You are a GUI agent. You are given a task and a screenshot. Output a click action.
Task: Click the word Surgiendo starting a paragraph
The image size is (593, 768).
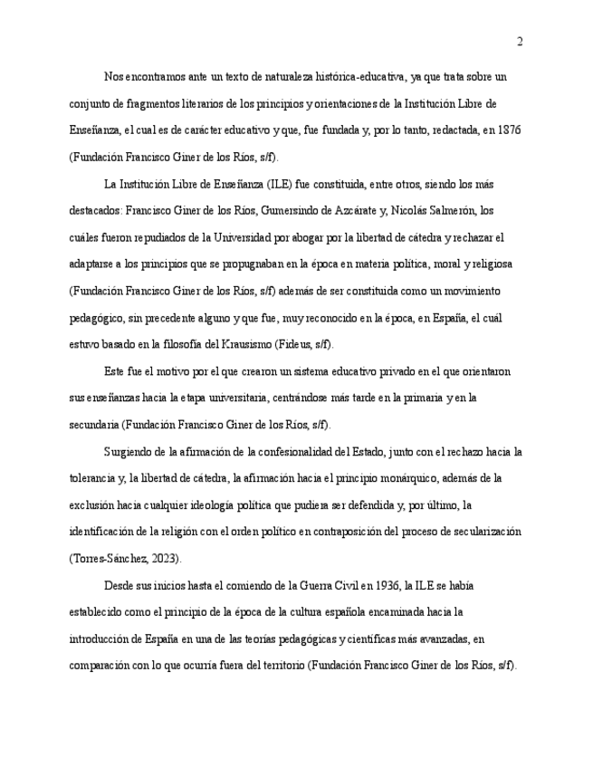tap(131, 451)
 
